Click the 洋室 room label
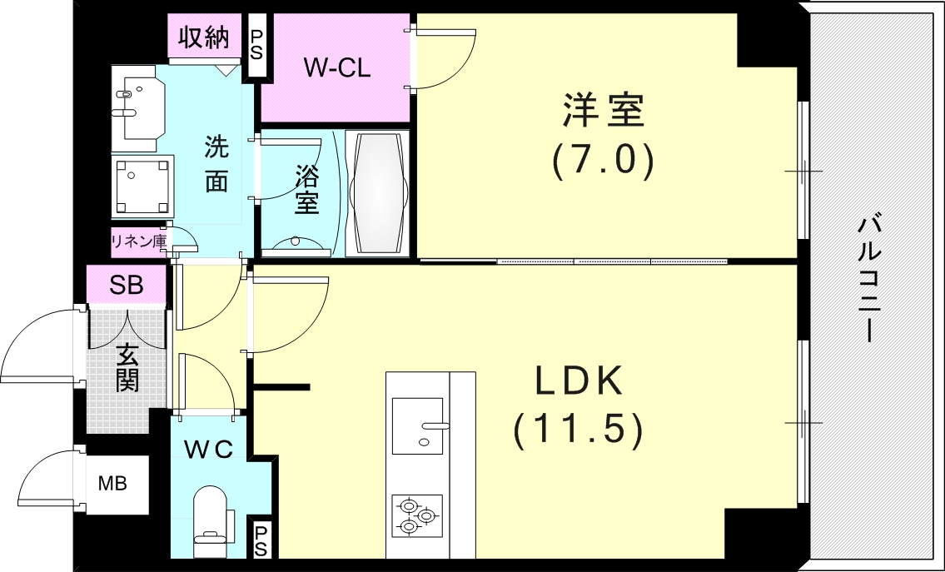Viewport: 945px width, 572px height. click(604, 110)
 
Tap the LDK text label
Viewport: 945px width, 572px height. click(579, 381)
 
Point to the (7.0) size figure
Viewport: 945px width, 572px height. click(604, 161)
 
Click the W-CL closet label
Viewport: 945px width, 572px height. click(336, 68)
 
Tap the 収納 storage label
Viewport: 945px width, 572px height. click(204, 37)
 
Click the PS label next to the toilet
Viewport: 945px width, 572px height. click(261, 540)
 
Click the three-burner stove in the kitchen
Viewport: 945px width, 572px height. click(416, 515)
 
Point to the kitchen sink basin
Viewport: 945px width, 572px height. click(418, 425)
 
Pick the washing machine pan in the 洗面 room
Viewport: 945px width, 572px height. click(143, 187)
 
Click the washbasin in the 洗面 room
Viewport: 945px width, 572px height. click(138, 108)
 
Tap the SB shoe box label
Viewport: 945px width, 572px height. click(126, 285)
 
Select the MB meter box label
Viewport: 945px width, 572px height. click(112, 484)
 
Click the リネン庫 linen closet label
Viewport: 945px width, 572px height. click(138, 241)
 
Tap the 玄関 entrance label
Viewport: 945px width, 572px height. click(127, 367)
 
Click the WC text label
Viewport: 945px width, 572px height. click(208, 449)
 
